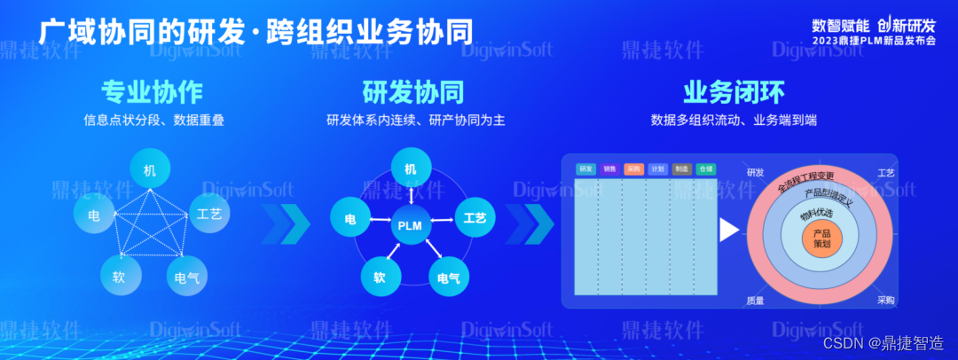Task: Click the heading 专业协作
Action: tap(153, 92)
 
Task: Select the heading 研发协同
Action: tap(412, 92)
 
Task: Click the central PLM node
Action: tap(411, 225)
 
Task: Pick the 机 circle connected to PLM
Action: tap(411, 168)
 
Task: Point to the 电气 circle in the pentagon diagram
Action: tap(187, 278)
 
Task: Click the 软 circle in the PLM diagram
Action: tap(380, 277)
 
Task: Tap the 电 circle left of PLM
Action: tap(350, 218)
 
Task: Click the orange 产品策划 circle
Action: tap(821, 239)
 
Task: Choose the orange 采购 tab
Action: tap(634, 168)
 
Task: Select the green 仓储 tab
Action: tap(705, 168)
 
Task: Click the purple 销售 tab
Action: tap(609, 168)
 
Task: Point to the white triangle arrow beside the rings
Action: tap(728, 230)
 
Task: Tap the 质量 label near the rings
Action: tap(755, 301)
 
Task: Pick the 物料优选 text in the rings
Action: tap(817, 213)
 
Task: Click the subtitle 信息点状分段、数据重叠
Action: tap(153, 120)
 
